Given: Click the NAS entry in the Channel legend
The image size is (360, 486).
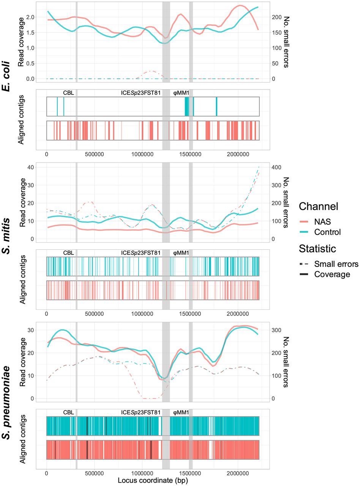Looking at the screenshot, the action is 322,221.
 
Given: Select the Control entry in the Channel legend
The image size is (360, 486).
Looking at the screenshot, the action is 327,232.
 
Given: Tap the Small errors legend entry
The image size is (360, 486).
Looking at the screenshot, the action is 336,264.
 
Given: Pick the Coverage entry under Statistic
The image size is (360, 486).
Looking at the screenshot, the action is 332,275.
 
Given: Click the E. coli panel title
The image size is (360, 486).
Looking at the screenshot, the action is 6,76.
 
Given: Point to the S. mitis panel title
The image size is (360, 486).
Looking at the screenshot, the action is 6,235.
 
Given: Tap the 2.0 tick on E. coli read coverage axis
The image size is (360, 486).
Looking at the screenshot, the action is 30,17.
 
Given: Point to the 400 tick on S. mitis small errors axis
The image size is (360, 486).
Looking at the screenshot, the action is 276,167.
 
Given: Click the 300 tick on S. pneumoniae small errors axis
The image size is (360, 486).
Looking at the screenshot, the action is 276,330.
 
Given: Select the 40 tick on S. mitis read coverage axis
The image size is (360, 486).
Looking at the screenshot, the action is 32,167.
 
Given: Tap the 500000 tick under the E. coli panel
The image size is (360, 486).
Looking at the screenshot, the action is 95,154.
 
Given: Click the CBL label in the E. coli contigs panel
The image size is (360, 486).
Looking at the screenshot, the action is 69,93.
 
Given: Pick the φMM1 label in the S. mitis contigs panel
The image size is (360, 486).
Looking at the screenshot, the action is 181,253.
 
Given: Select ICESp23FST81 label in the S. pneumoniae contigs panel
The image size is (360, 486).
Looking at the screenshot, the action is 141,412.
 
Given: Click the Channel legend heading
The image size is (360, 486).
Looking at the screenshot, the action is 319,206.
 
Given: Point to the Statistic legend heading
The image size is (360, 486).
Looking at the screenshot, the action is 317,248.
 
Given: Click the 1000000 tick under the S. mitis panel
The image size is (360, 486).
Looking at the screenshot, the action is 142,314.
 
